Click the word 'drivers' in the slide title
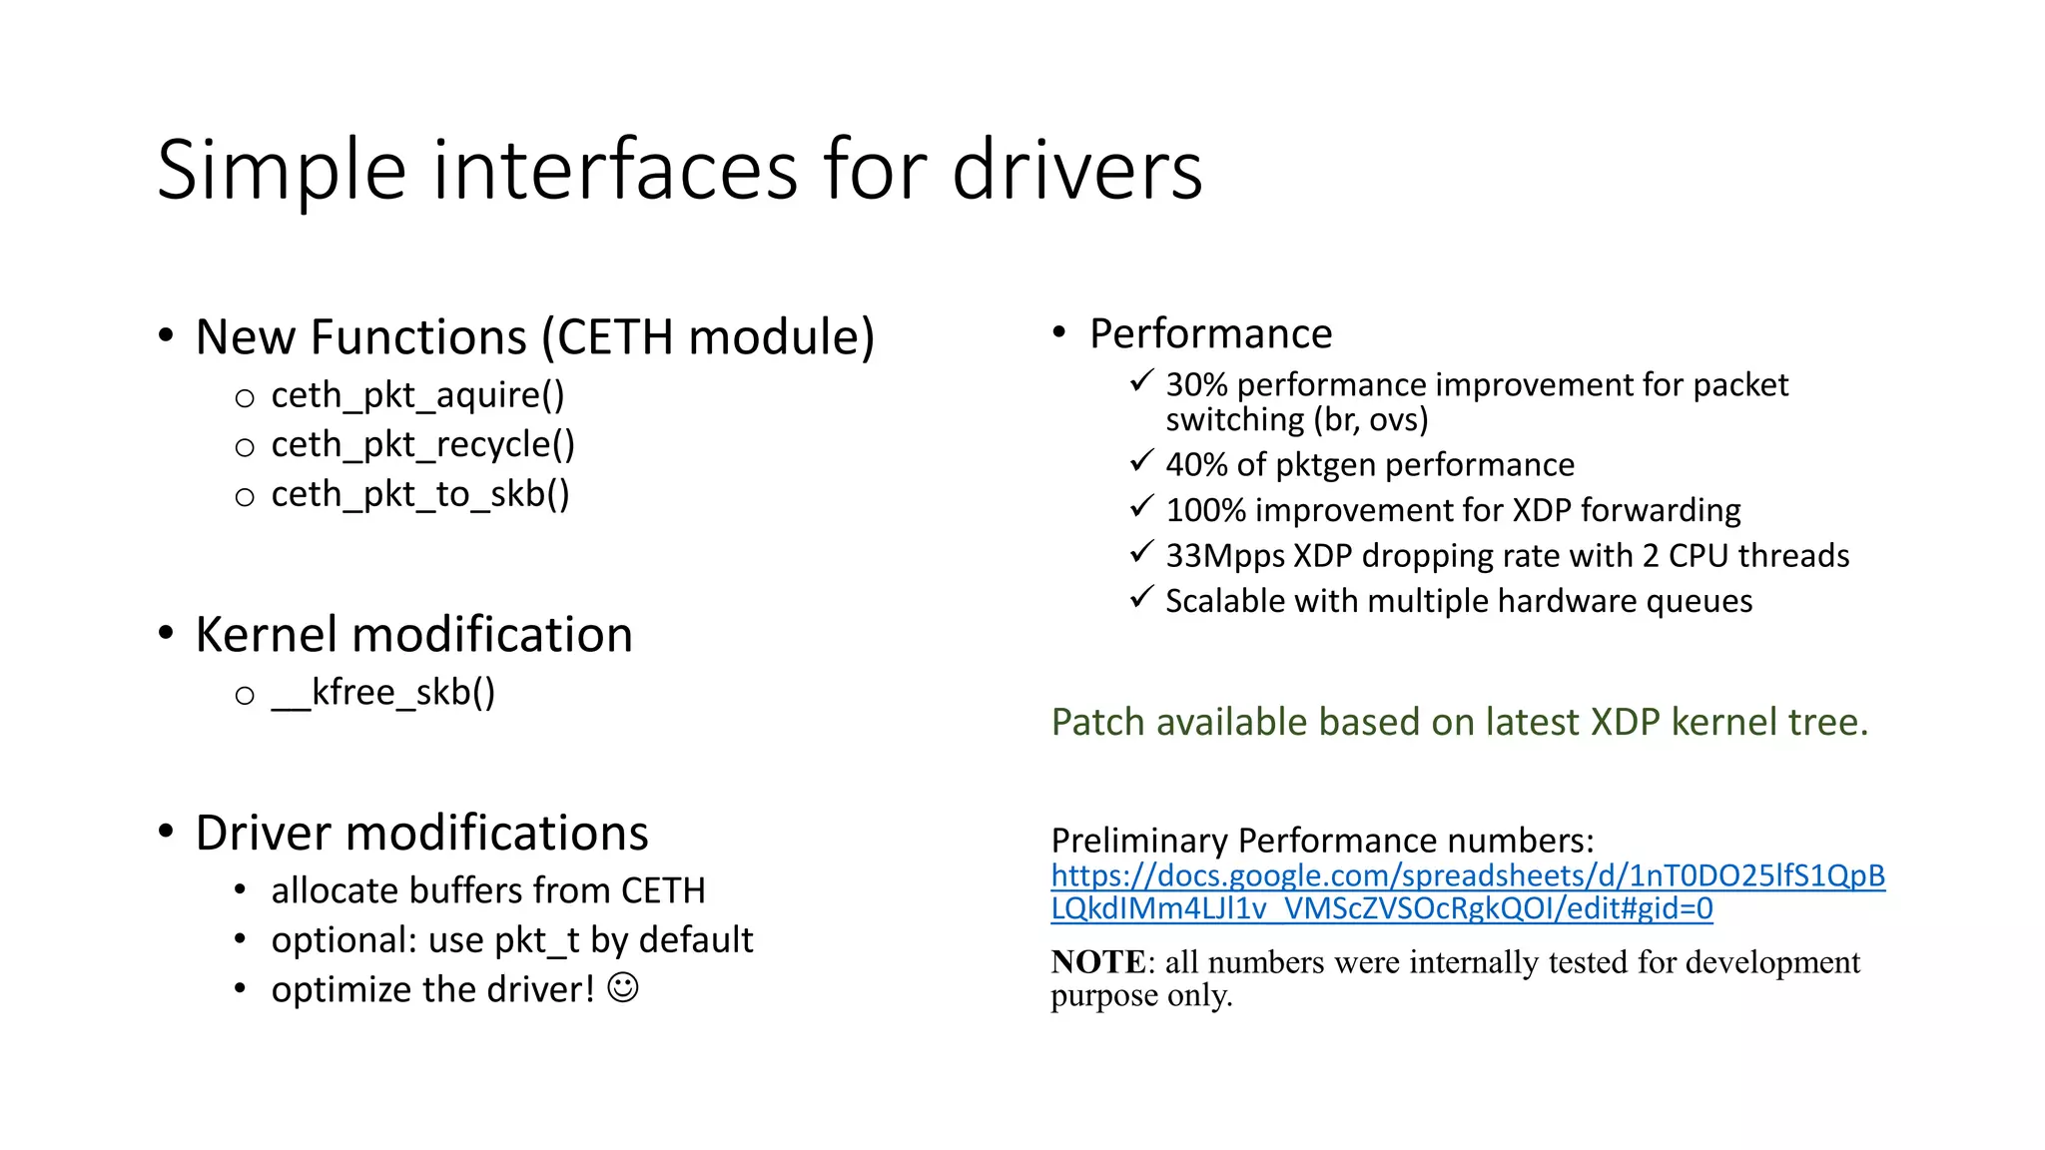[x=1076, y=171]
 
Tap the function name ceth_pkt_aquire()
[x=417, y=395]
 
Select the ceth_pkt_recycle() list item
[x=422, y=445]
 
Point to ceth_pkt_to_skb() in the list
[x=419, y=494]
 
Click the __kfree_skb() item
[x=382, y=692]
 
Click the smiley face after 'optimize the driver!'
[x=623, y=988]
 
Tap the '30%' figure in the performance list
[x=1196, y=384]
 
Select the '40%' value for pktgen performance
[x=1196, y=465]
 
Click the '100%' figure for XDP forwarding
[x=1205, y=510]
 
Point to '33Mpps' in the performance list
[x=1225, y=556]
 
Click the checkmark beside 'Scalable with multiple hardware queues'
[x=1141, y=598]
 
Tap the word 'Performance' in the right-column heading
[x=1210, y=333]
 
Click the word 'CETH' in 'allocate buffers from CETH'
[x=662, y=890]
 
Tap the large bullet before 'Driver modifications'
[x=166, y=831]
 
